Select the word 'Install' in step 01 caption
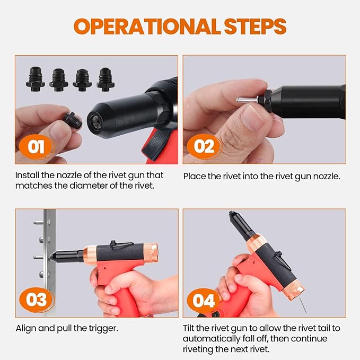click(x=27, y=175)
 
